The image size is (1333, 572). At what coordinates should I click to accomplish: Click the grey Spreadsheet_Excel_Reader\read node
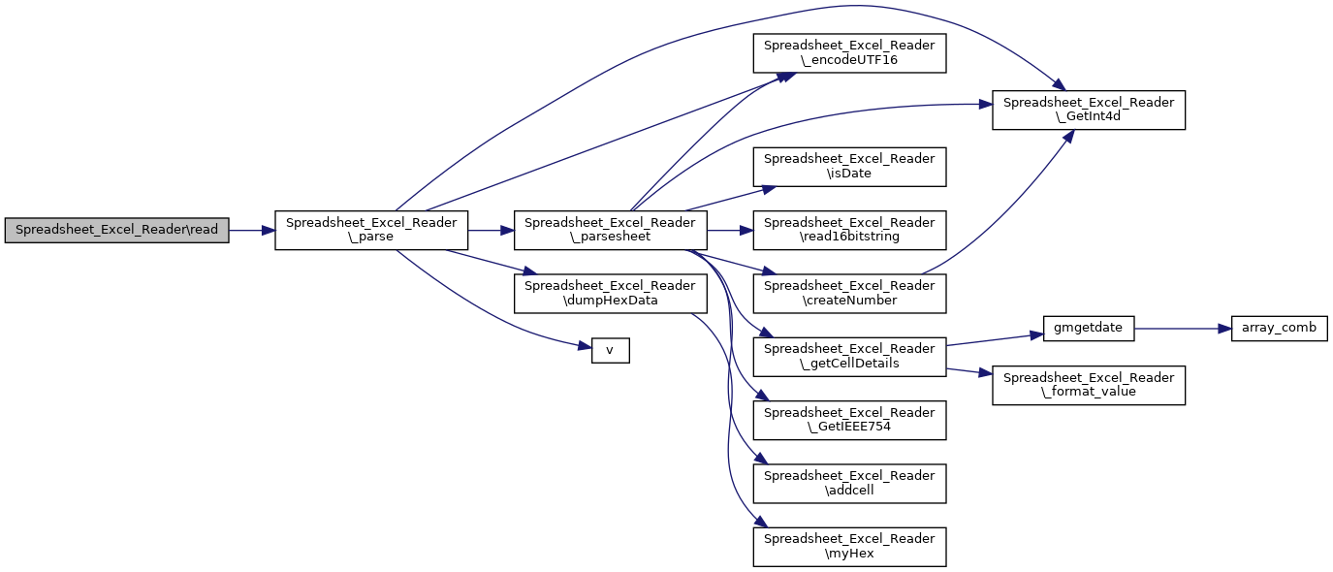[x=117, y=231]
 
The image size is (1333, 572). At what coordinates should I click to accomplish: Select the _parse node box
[x=371, y=231]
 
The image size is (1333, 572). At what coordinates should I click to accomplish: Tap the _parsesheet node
[x=610, y=231]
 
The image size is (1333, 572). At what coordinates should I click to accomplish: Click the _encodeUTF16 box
[x=849, y=53]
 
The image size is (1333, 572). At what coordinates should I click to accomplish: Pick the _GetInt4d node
[x=1088, y=110]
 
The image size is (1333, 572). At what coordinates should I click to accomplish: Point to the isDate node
[x=849, y=167]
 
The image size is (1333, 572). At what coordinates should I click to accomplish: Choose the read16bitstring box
[x=849, y=231]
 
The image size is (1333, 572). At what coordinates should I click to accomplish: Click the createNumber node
[x=849, y=293]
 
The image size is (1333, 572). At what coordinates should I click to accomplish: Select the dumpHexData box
[x=610, y=293]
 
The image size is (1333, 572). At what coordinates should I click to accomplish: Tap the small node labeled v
[x=610, y=350]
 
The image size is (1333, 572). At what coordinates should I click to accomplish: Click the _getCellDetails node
[x=849, y=356]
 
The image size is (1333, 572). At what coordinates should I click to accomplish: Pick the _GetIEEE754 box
[x=849, y=420]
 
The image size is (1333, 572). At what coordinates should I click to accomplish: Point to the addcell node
[x=849, y=483]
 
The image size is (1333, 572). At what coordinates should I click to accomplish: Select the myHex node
[x=849, y=547]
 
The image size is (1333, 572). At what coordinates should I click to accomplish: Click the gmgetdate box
[x=1088, y=328]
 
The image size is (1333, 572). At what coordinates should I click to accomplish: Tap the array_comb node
[x=1279, y=328]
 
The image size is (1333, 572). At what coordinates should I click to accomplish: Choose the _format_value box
[x=1088, y=385]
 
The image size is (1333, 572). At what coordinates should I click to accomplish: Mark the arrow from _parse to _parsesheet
[x=491, y=231]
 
